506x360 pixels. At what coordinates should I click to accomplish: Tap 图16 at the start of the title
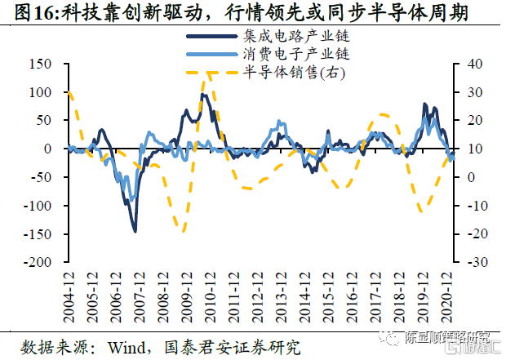[x=24, y=12]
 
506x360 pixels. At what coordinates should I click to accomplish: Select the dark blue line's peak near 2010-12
[x=202, y=95]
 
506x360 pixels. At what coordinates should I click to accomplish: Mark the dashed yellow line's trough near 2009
[x=184, y=231]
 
